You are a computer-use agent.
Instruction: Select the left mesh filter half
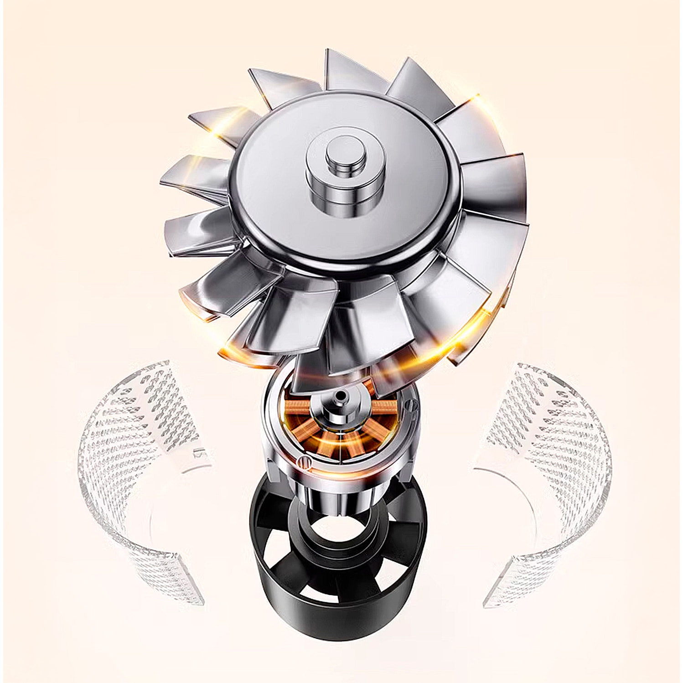coord(132,456)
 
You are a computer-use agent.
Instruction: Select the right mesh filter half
coord(547,456)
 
